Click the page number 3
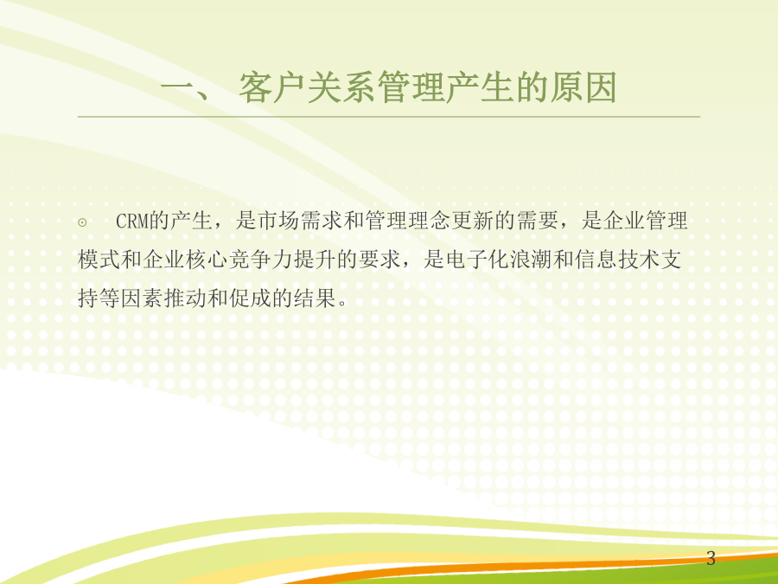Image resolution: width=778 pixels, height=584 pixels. tap(711, 559)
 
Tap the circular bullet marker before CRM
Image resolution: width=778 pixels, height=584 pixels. tap(82, 222)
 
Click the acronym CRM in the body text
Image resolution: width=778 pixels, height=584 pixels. tap(132, 221)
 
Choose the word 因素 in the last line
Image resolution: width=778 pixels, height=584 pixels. tap(143, 298)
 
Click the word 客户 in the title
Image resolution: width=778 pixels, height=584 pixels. tap(272, 87)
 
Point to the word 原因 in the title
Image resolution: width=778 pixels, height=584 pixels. tap(583, 87)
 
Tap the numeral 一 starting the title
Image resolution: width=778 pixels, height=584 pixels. tap(177, 88)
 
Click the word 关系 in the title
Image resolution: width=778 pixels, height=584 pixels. tap(341, 87)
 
